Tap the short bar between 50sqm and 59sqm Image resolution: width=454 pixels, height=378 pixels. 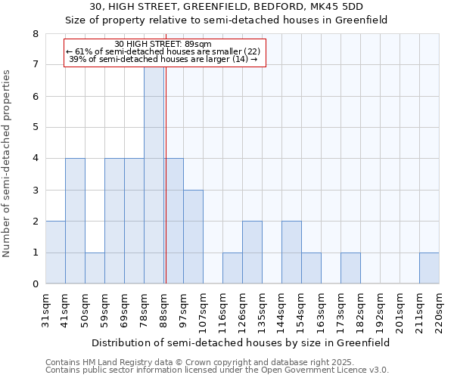pyautogui.click(x=95, y=268)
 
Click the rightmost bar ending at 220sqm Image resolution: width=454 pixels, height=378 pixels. pyautogui.click(x=429, y=268)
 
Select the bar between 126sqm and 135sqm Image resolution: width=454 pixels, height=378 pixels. pyautogui.click(x=252, y=253)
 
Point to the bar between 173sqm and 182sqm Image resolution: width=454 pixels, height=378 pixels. pyautogui.click(x=350, y=268)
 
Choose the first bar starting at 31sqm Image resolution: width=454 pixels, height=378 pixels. pyautogui.click(x=55, y=253)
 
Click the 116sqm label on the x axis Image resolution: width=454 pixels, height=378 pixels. pyautogui.click(x=222, y=310)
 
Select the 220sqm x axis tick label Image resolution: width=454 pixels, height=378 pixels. pyautogui.click(x=439, y=310)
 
